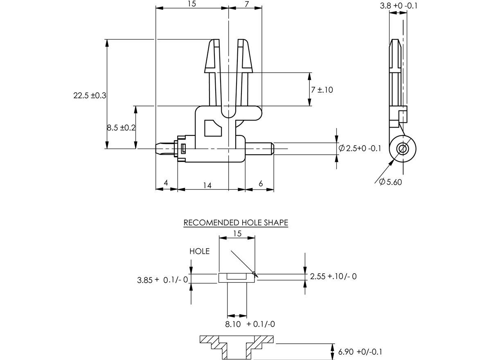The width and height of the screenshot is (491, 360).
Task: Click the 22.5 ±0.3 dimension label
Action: tap(90, 95)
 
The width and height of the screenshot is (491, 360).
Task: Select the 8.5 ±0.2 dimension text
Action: tap(121, 128)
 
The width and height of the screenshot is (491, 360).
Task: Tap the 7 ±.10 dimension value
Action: tap(322, 90)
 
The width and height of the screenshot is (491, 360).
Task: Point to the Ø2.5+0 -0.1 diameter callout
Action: tap(360, 148)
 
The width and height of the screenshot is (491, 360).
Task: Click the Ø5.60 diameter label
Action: tap(391, 182)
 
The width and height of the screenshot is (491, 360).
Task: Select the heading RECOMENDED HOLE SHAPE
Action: tap(236, 223)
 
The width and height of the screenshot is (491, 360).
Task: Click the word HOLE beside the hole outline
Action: tap(200, 251)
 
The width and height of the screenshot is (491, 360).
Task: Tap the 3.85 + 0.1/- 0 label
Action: tap(162, 280)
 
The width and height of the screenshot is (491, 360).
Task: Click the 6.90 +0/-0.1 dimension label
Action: tap(360, 351)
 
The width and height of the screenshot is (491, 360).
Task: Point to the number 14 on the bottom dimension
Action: tap(207, 185)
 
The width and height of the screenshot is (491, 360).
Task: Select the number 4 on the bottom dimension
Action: tap(166, 183)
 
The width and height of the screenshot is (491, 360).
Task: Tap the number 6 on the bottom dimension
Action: tap(261, 183)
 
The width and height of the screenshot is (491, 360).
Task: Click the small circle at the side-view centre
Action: tap(403, 148)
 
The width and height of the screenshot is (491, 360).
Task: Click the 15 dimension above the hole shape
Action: tap(237, 234)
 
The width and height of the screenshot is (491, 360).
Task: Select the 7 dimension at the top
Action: tap(247, 4)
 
